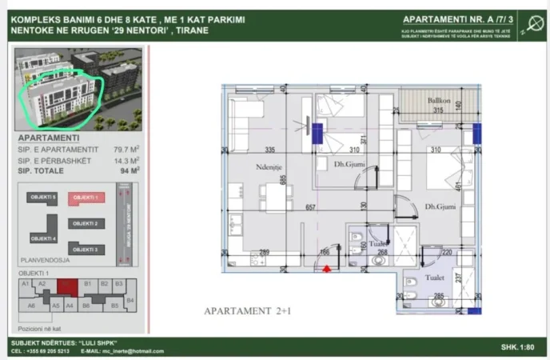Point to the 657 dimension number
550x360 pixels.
coord(311,207)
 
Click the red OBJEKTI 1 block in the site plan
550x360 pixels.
coord(84,198)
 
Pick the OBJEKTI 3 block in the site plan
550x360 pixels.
coord(84,250)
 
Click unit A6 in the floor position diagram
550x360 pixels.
coord(31,305)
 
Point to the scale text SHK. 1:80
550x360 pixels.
coord(518,347)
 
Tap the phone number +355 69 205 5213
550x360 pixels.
coord(46,351)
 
